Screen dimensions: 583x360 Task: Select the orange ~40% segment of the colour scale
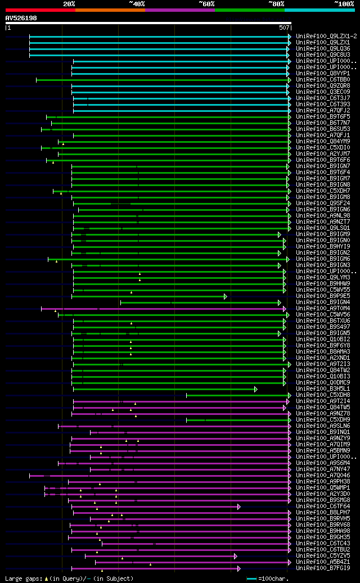point(110,10)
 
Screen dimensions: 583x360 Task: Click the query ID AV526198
point(21,18)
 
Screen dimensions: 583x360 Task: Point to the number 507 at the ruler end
point(284,27)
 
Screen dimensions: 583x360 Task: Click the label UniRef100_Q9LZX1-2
point(326,36)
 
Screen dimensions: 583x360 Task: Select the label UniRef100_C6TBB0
point(323,79)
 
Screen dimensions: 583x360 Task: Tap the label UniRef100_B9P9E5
point(323,296)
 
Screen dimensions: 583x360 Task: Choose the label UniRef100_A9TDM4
point(323,308)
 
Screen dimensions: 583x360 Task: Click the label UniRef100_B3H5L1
point(323,388)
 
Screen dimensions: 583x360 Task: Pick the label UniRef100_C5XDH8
point(323,395)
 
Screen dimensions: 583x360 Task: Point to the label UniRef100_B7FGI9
point(323,568)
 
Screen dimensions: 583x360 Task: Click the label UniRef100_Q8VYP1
point(323,73)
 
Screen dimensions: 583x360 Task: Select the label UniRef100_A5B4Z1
point(323,562)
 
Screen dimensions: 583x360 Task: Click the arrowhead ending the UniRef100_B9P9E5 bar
point(226,296)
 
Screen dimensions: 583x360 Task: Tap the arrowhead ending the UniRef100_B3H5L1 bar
point(256,388)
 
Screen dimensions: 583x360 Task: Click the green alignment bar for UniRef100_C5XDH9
point(236,419)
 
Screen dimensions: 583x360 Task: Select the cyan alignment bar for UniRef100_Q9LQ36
point(157,48)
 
